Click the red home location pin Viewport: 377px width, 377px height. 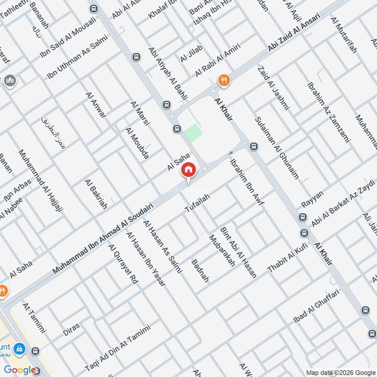188,170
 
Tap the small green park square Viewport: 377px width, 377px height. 192,133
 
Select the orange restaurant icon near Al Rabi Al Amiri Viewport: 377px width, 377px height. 223,80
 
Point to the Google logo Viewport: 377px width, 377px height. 20,370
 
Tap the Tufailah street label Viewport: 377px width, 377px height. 197,203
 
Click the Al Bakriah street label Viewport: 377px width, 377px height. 96,194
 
